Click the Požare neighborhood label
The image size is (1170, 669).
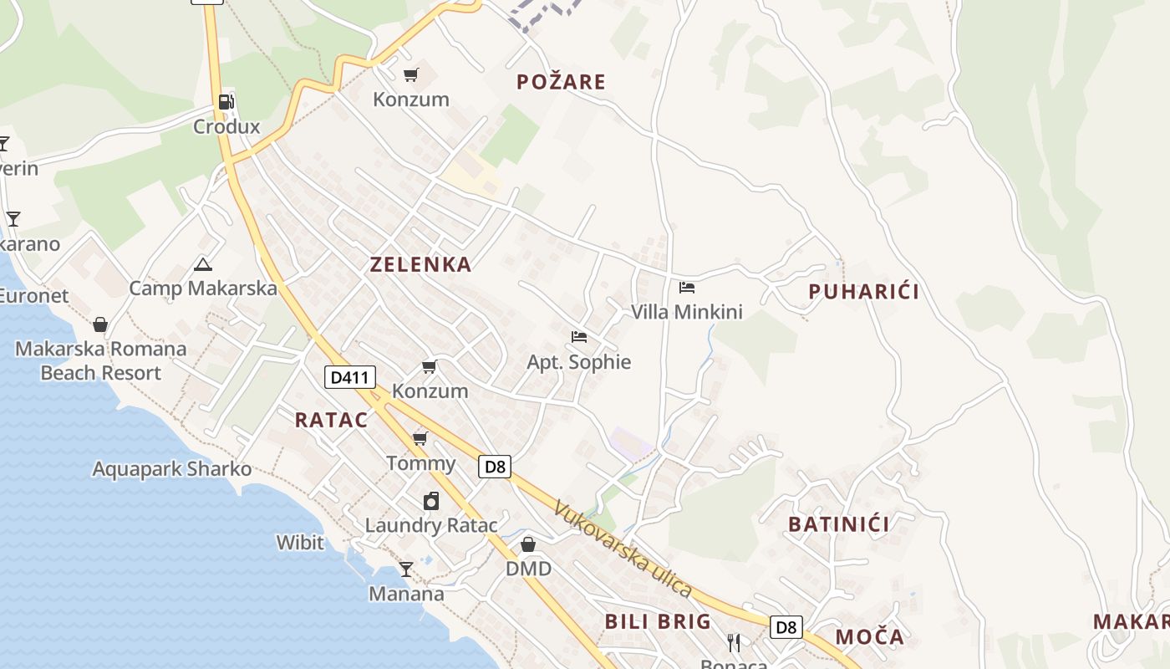click(561, 82)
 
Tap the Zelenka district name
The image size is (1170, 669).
click(420, 265)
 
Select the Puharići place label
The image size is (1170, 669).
click(863, 292)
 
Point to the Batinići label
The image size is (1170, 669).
click(839, 524)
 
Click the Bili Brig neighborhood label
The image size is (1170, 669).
click(658, 621)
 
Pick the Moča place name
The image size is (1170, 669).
click(869, 637)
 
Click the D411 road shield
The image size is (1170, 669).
click(349, 377)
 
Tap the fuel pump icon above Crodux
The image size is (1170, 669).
click(226, 102)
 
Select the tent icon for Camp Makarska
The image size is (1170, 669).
click(202, 265)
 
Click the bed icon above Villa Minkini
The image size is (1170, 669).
click(687, 288)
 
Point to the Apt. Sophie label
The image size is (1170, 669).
click(578, 362)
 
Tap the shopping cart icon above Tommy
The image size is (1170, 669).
click(420, 438)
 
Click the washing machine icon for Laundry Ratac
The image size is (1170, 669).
click(431, 501)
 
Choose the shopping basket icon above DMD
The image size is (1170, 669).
click(528, 545)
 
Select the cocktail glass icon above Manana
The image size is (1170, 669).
click(406, 569)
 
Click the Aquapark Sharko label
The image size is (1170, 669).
click(171, 469)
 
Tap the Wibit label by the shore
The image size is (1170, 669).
click(300, 543)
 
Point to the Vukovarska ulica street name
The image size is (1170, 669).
click(623, 549)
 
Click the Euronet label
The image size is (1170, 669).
click(34, 295)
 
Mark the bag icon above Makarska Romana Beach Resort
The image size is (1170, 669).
click(100, 324)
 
